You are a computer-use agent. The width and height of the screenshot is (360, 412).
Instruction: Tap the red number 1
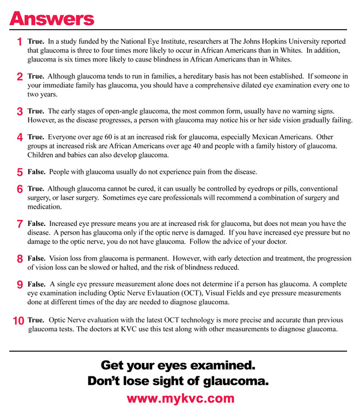coord(19,42)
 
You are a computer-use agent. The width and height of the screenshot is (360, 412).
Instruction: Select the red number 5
coord(19,173)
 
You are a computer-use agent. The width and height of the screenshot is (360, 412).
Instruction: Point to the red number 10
coord(18,320)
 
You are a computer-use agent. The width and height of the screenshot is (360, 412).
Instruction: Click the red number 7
coord(19,223)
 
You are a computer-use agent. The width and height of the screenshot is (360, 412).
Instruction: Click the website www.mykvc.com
coord(180,399)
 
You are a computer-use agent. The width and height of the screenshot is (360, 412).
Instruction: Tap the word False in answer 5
coord(36,172)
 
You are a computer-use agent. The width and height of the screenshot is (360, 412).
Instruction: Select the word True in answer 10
coord(36,320)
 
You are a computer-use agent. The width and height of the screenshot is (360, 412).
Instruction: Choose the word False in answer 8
coord(36,258)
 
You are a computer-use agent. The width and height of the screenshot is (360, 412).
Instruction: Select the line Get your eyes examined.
coord(178,365)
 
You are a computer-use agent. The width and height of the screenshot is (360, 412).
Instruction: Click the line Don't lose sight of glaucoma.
coord(178,381)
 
